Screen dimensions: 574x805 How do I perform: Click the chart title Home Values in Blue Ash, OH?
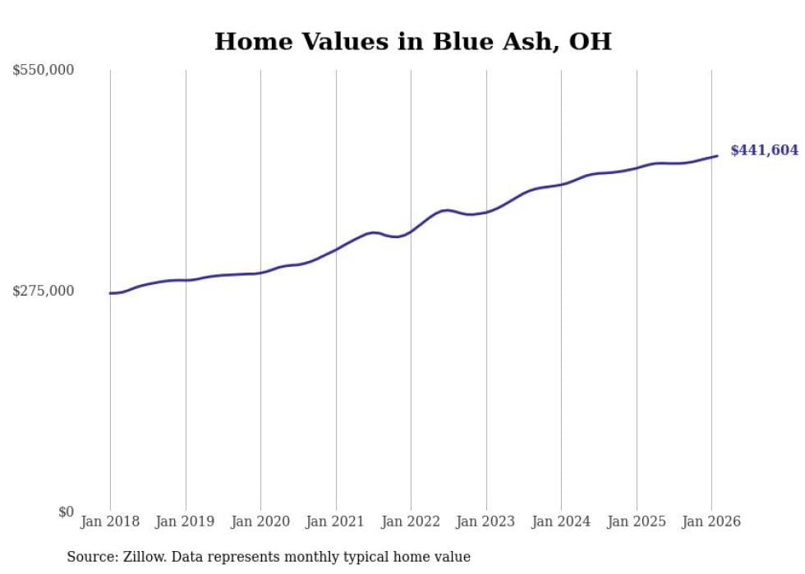pyautogui.click(x=412, y=41)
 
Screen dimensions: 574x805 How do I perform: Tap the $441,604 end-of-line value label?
pyautogui.click(x=764, y=150)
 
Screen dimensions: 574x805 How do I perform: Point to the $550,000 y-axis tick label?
pyautogui.click(x=44, y=71)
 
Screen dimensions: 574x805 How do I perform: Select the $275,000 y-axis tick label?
pyautogui.click(x=44, y=291)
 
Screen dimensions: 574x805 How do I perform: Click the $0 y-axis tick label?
pyautogui.click(x=66, y=512)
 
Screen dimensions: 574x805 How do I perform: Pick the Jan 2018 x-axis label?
pyautogui.click(x=110, y=521)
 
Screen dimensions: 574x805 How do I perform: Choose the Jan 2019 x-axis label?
pyautogui.click(x=186, y=521)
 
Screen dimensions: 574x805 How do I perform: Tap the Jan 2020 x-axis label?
pyautogui.click(x=260, y=521)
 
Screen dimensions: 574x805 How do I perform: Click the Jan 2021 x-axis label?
pyautogui.click(x=336, y=521)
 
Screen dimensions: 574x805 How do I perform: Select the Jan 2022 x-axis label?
pyautogui.click(x=411, y=521)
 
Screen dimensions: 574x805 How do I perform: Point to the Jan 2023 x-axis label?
pyautogui.click(x=486, y=521)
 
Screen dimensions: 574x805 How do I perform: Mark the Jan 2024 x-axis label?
pyautogui.click(x=561, y=521)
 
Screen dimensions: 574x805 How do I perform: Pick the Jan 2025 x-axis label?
pyautogui.click(x=637, y=521)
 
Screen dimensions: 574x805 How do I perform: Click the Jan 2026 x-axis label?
pyautogui.click(x=711, y=521)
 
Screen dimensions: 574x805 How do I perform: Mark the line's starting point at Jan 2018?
pyautogui.click(x=110, y=293)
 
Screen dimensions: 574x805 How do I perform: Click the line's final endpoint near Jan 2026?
pyautogui.click(x=718, y=155)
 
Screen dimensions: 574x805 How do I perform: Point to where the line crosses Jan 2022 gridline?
pyautogui.click(x=411, y=231)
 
